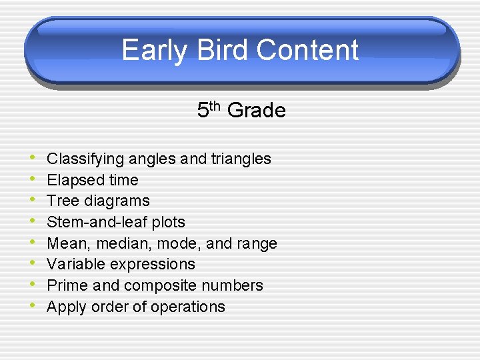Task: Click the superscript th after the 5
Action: click(x=217, y=105)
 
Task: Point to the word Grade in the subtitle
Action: click(x=257, y=111)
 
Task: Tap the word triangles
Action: click(x=241, y=159)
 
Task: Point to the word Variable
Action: click(x=73, y=264)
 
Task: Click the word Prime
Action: click(x=66, y=285)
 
